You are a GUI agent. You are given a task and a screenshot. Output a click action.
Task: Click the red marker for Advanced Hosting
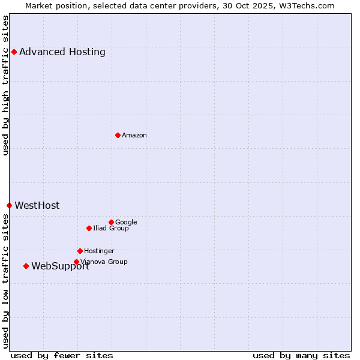14,52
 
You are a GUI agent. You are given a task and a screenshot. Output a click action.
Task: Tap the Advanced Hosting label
62,52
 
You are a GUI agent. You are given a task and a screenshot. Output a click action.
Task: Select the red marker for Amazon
118,135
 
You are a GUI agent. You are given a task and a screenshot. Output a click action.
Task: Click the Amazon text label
134,136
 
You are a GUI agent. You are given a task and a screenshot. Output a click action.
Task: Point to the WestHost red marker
9,205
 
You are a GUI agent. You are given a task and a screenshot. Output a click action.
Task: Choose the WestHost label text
37,206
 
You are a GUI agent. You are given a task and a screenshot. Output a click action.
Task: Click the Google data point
111,222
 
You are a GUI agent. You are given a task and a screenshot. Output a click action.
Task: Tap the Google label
126,223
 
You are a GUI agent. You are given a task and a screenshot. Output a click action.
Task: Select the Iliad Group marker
89,228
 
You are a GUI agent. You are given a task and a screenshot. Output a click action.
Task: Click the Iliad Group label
111,229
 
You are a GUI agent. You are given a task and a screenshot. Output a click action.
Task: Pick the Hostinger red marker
80,251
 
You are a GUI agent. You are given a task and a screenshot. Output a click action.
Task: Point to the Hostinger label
99,251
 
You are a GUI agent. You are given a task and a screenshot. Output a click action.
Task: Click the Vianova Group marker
76,262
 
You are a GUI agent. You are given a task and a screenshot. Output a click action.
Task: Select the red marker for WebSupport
26,266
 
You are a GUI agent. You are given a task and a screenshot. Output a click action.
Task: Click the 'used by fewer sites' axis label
62,356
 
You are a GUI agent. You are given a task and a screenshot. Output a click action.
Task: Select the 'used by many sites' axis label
301,356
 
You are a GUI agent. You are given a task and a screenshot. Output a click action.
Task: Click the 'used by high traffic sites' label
6,85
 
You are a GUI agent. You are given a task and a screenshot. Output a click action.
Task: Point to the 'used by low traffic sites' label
6,281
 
